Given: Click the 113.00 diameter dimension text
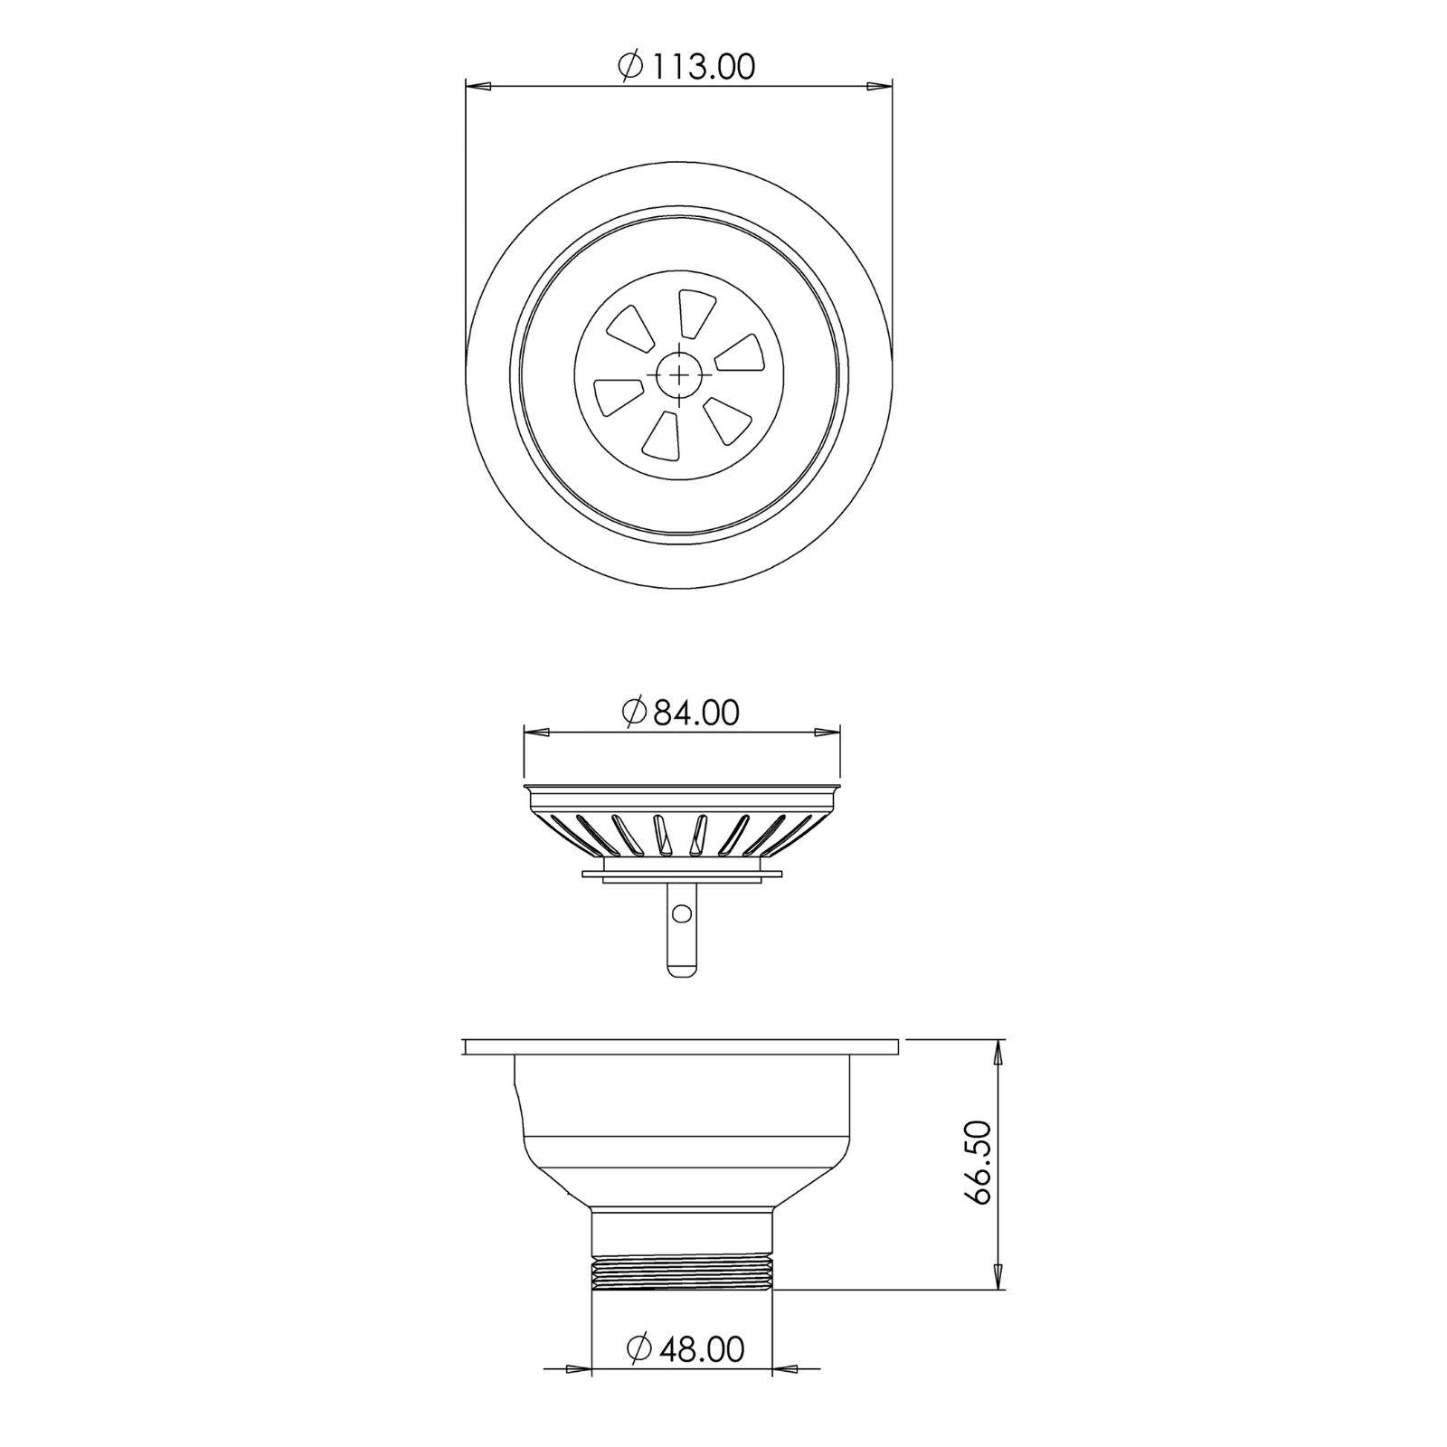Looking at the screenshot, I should [699, 67].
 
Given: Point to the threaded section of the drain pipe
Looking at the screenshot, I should [682, 1271].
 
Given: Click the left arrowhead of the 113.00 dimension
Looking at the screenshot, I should [478, 87].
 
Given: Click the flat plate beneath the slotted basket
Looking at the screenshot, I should [682, 873].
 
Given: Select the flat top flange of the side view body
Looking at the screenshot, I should [682, 1047].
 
